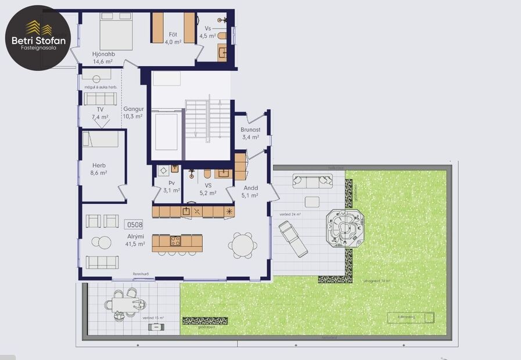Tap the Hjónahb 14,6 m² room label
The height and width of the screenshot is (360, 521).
(x=104, y=57)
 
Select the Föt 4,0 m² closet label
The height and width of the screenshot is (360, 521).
(x=173, y=38)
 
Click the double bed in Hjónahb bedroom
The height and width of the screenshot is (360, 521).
(x=116, y=30)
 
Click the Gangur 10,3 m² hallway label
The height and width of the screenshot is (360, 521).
(x=132, y=112)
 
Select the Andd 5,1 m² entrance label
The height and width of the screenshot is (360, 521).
(x=250, y=192)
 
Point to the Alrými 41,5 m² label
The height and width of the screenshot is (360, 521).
(x=134, y=240)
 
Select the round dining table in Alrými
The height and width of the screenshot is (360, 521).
(x=240, y=245)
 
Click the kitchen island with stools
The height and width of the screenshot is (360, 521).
(x=177, y=242)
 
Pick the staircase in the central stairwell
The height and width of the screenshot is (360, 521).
(x=200, y=119)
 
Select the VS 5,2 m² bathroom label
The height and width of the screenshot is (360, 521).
(x=208, y=189)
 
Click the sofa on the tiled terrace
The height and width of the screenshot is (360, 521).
(x=312, y=181)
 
